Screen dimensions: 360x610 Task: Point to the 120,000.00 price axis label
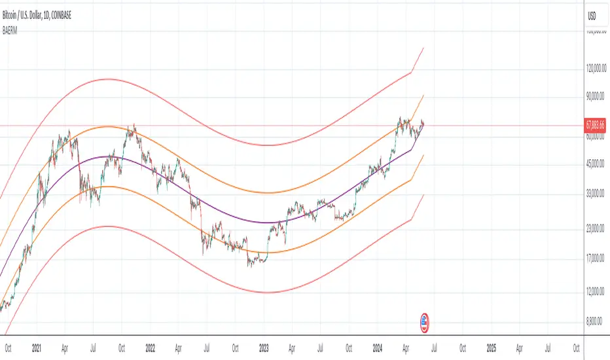[596, 68]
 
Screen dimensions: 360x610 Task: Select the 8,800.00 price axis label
[596, 321]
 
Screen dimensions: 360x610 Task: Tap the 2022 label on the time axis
[151, 348]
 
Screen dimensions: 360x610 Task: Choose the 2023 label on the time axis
[264, 348]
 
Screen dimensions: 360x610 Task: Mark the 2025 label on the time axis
[491, 348]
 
